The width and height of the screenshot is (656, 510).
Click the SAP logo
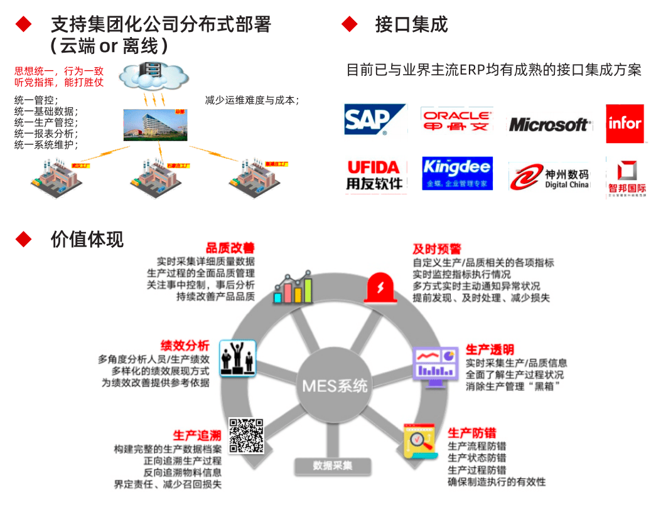point(375,119)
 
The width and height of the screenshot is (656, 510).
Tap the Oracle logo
point(456,119)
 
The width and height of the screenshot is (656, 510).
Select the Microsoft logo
point(549,124)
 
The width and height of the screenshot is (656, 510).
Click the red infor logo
point(625,123)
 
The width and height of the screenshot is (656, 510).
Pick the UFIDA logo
point(375,174)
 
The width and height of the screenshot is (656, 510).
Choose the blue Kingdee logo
point(457,173)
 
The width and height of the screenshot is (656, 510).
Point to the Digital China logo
point(549,177)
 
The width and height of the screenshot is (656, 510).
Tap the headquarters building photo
point(155,124)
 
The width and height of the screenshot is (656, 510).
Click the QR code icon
point(245,436)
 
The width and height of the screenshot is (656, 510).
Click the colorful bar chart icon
point(293,288)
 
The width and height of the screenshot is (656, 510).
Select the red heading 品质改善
point(230,248)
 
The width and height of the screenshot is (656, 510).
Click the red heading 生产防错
point(471,433)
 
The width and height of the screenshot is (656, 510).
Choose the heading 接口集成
point(411,24)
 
